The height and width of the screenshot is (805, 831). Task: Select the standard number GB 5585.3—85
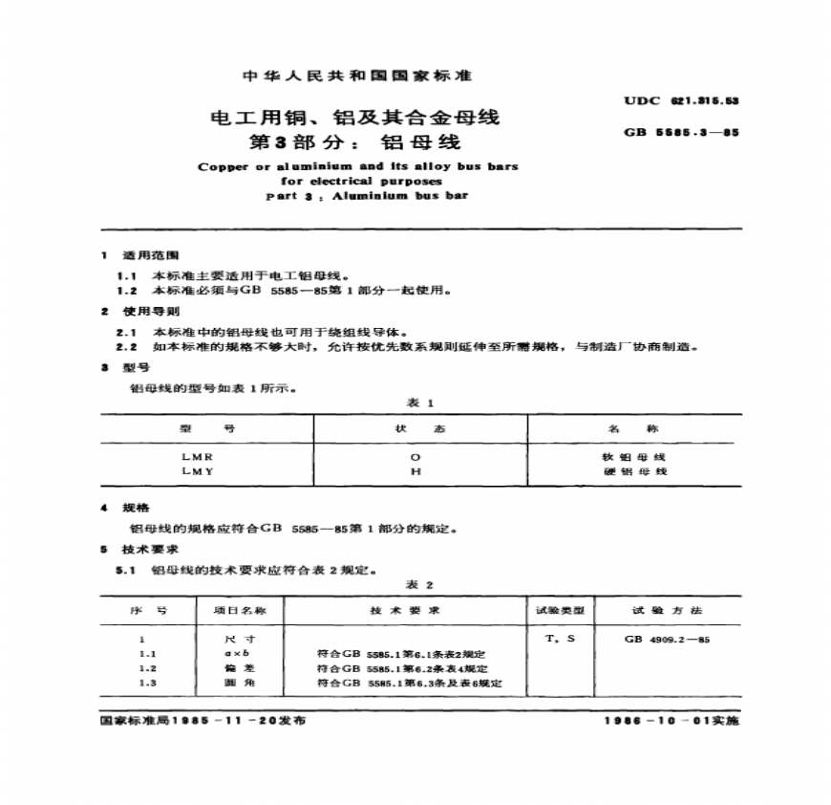click(x=682, y=133)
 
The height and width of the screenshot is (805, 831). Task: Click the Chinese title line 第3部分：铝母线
click(x=354, y=144)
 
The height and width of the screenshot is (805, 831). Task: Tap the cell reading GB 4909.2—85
click(x=668, y=638)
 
